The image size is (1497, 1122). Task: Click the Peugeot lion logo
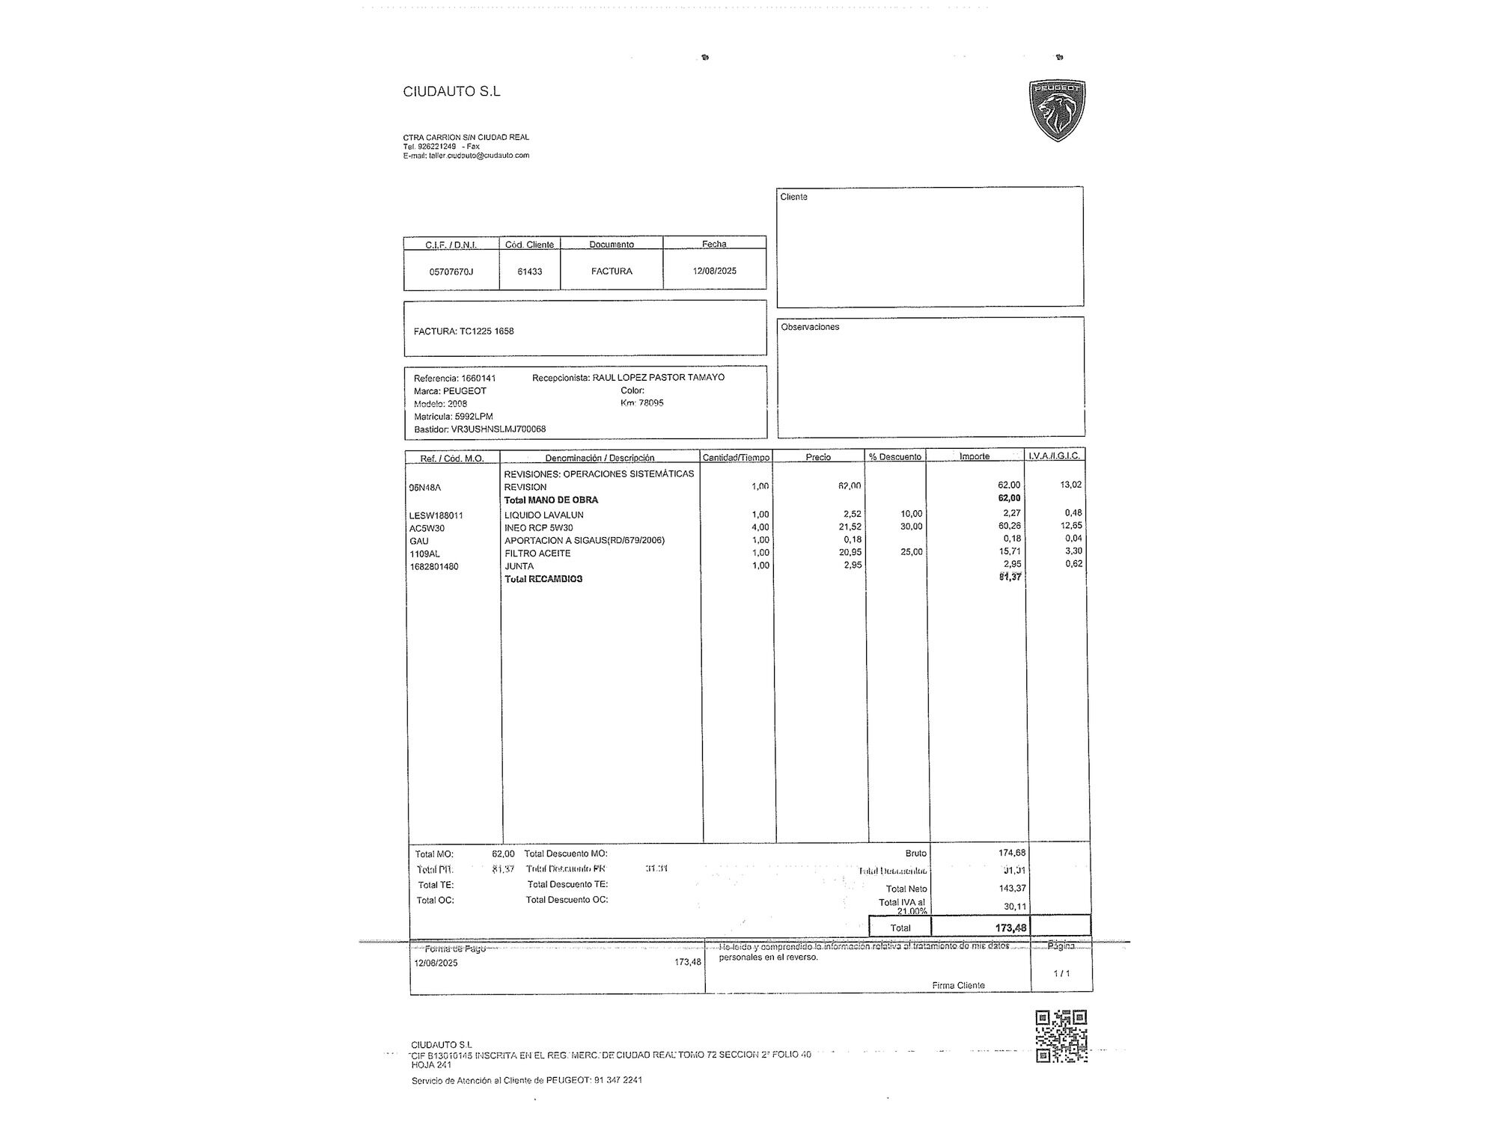click(x=1057, y=110)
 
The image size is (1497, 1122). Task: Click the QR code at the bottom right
click(x=1061, y=1036)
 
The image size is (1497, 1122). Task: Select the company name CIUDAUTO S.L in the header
click(x=451, y=91)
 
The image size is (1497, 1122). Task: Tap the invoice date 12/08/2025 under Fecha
click(x=714, y=271)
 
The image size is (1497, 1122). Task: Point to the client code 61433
click(x=530, y=272)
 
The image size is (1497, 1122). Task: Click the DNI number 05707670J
click(x=451, y=272)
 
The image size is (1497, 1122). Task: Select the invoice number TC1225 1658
click(x=487, y=331)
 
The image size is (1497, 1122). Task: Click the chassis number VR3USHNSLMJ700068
click(x=499, y=429)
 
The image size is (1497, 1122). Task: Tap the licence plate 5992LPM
click(x=474, y=417)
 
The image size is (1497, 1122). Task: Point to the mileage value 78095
click(x=651, y=403)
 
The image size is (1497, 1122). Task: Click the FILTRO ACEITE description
click(x=537, y=554)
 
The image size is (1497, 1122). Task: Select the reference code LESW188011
click(x=436, y=515)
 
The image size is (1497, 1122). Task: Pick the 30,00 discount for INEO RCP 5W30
click(x=911, y=527)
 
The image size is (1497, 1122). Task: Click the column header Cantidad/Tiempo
click(x=736, y=457)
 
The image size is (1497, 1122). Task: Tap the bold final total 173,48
click(x=1010, y=928)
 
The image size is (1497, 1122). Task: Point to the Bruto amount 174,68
click(x=1012, y=853)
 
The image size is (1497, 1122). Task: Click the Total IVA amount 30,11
click(x=1014, y=907)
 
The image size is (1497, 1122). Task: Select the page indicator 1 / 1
click(x=1061, y=973)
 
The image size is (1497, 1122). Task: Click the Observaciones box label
click(x=810, y=327)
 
